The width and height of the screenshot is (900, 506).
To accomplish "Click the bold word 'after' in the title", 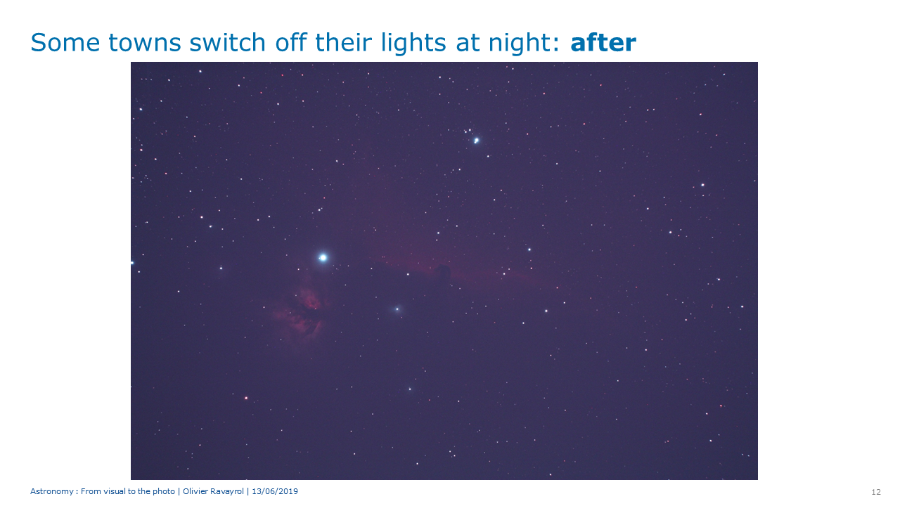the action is [x=603, y=43].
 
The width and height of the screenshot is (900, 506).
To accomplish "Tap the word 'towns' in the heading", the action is [x=145, y=44].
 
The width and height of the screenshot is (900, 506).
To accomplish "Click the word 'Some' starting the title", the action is [x=65, y=43].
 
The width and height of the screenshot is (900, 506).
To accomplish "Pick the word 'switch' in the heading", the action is [x=227, y=43].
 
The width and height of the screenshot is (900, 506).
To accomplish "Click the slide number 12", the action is [x=876, y=492].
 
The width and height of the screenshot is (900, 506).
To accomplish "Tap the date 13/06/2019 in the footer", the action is [x=275, y=491].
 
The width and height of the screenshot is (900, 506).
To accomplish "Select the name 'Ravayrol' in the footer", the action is [x=227, y=491].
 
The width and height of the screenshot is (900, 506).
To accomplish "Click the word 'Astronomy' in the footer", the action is [x=52, y=491].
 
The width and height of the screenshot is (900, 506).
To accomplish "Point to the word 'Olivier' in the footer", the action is [x=195, y=491].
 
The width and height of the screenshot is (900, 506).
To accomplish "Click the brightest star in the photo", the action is [x=323, y=257].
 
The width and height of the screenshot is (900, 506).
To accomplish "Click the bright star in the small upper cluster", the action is [x=476, y=141].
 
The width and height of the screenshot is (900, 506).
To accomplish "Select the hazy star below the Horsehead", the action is [x=397, y=309].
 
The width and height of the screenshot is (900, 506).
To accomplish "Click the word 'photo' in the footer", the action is [x=164, y=491].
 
